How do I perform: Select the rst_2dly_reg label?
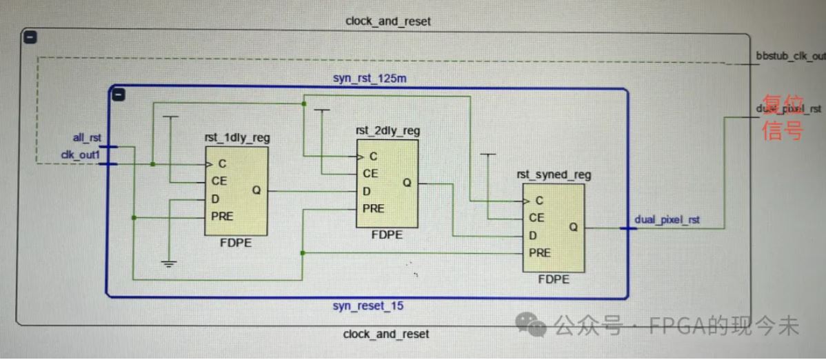tap(387, 131)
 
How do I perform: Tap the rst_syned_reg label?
tap(554, 175)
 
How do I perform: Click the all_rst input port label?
tap(87, 138)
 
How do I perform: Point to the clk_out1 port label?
tap(80, 155)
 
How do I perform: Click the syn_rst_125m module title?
tap(369, 79)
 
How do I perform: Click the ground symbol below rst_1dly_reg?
tap(168, 263)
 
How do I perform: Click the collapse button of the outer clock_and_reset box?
tap(30, 37)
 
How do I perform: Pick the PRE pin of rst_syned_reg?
tap(540, 253)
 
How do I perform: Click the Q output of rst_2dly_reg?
tap(407, 183)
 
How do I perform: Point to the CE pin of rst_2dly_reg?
tap(371, 173)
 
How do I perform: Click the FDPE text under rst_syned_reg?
tap(554, 279)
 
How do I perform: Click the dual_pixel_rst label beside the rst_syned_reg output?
tap(667, 220)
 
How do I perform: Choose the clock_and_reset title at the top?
tap(387, 21)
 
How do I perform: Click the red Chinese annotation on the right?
tap(781, 117)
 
